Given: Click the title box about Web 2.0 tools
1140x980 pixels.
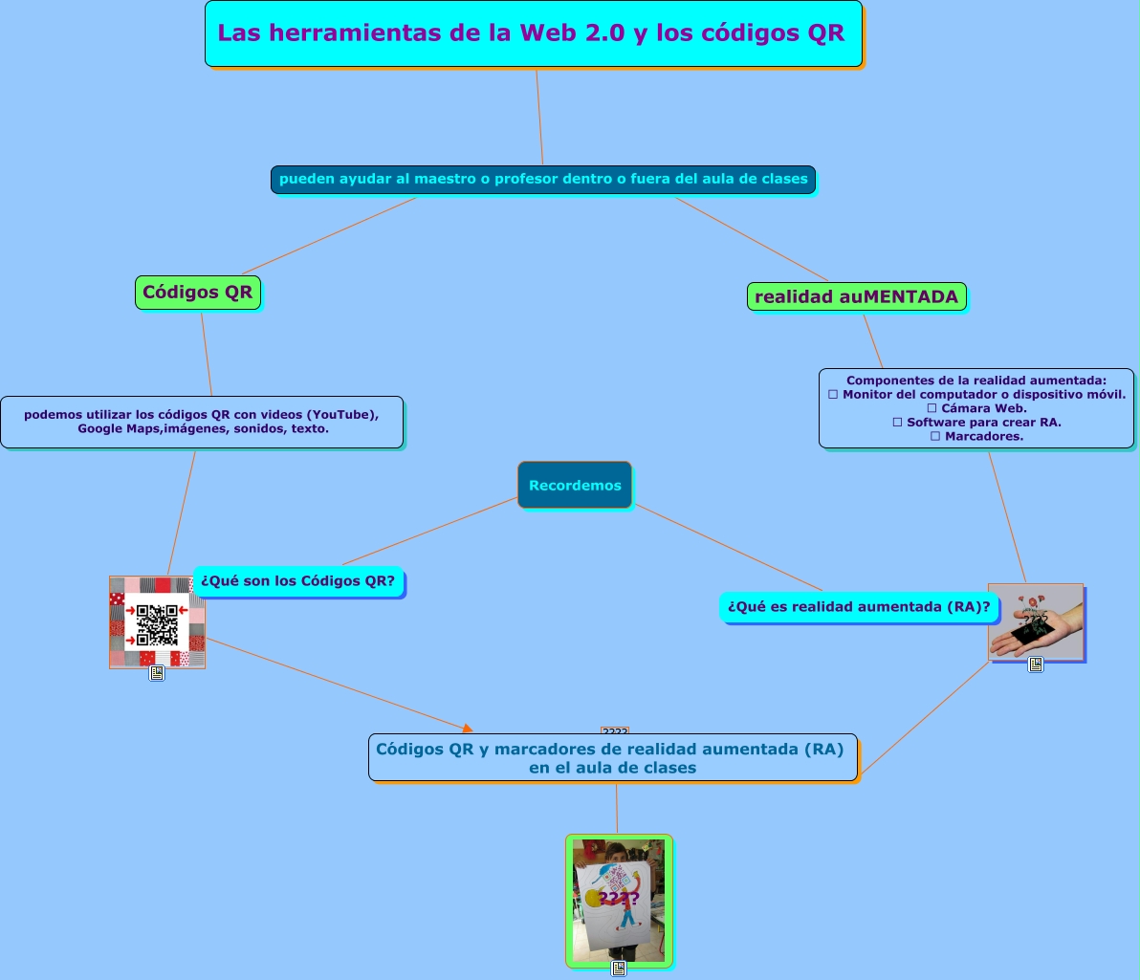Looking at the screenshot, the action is point(533,33).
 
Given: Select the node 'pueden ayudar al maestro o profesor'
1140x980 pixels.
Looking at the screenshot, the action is point(542,179).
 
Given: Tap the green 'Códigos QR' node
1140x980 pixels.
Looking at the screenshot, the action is point(198,293).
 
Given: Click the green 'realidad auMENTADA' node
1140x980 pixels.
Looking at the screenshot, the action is point(856,297).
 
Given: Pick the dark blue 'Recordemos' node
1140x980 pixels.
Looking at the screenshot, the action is point(574,485).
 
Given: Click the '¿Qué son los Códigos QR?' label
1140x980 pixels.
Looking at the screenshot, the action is point(297,580).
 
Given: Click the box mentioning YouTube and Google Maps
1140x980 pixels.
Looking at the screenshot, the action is point(201,422).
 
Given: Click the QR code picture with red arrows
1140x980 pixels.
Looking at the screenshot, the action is point(157,622).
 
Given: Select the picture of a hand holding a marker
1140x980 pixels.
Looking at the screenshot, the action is point(1035,621).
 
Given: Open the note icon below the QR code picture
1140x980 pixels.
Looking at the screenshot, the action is point(157,673).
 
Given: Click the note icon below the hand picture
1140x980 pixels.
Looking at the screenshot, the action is point(1035,664).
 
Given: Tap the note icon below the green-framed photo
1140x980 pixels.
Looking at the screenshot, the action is point(619,969).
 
